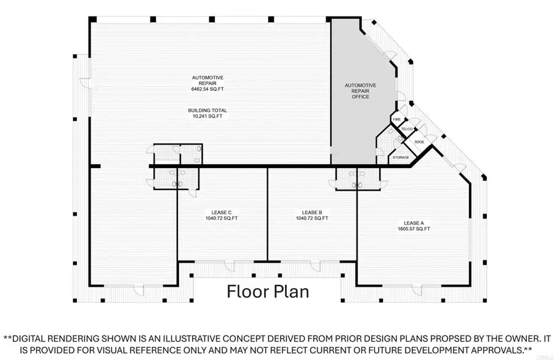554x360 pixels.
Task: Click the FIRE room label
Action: click(x=397, y=120)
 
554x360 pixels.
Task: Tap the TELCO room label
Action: click(x=407, y=129)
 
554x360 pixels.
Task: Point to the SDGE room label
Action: click(x=419, y=142)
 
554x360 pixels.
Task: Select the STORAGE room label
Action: click(x=401, y=158)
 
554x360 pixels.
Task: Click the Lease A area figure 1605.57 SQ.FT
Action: click(x=414, y=229)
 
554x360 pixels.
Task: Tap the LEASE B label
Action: click(x=312, y=213)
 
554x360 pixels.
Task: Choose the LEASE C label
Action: click(x=222, y=213)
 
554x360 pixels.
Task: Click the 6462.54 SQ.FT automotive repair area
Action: click(x=207, y=89)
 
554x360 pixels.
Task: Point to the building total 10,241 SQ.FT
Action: click(x=207, y=116)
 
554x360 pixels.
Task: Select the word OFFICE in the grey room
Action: click(x=360, y=97)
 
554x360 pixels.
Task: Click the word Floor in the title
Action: click(x=248, y=292)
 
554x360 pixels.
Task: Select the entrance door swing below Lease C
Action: click(x=230, y=266)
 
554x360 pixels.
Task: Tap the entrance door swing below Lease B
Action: click(x=316, y=266)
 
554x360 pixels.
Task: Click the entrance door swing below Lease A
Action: click(x=417, y=290)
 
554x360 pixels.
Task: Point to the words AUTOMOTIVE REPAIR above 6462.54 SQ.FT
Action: click(x=207, y=81)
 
